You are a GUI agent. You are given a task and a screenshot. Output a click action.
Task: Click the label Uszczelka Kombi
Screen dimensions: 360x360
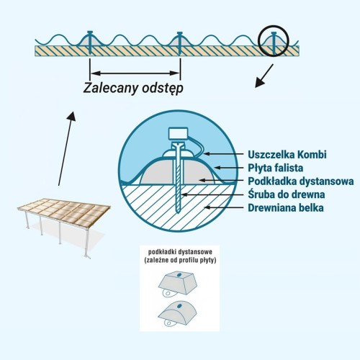287,155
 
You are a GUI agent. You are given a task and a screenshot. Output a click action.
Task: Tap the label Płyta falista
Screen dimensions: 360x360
276,168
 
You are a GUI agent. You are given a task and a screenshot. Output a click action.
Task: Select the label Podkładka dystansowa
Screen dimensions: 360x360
301,181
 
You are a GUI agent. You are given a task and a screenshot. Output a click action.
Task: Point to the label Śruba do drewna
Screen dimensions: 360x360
287,194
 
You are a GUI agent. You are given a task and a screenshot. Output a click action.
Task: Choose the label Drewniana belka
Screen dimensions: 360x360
286,208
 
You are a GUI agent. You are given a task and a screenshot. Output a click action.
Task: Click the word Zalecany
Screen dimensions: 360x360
111,88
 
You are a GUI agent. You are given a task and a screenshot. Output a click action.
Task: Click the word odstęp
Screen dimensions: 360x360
163,89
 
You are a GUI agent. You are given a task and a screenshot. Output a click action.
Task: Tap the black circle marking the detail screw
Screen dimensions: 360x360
258,41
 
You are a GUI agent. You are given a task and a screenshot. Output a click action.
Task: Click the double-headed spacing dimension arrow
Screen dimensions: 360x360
135,73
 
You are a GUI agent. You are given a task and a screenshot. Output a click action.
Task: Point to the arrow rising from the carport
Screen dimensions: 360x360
66,148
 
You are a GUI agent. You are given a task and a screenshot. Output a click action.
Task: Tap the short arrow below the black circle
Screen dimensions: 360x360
264,76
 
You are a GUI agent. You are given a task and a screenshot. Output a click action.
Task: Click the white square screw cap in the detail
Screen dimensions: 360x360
178,133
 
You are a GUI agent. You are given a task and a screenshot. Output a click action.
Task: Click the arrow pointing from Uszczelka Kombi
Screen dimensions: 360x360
224,153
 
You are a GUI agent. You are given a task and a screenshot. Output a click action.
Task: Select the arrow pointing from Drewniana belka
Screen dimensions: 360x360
224,207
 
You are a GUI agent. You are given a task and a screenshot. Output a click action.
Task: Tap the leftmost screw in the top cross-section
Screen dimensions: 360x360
90,42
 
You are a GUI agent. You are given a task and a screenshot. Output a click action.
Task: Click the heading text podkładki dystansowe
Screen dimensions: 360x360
180,252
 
